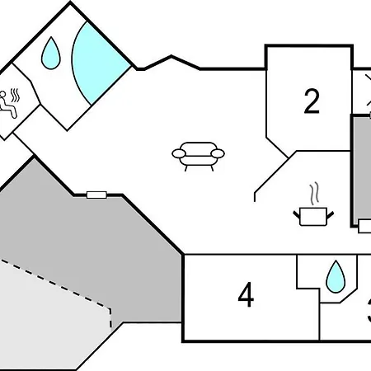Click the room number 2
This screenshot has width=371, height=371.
(311, 101)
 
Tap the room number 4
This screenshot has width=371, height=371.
(246, 295)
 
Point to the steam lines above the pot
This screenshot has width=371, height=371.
(313, 195)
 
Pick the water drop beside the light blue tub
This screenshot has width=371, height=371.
(50, 54)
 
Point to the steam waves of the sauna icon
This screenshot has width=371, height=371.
(16, 93)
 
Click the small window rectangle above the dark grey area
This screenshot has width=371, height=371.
(96, 195)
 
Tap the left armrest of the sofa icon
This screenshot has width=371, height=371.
(177, 153)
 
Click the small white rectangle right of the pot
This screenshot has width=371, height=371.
(364, 225)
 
